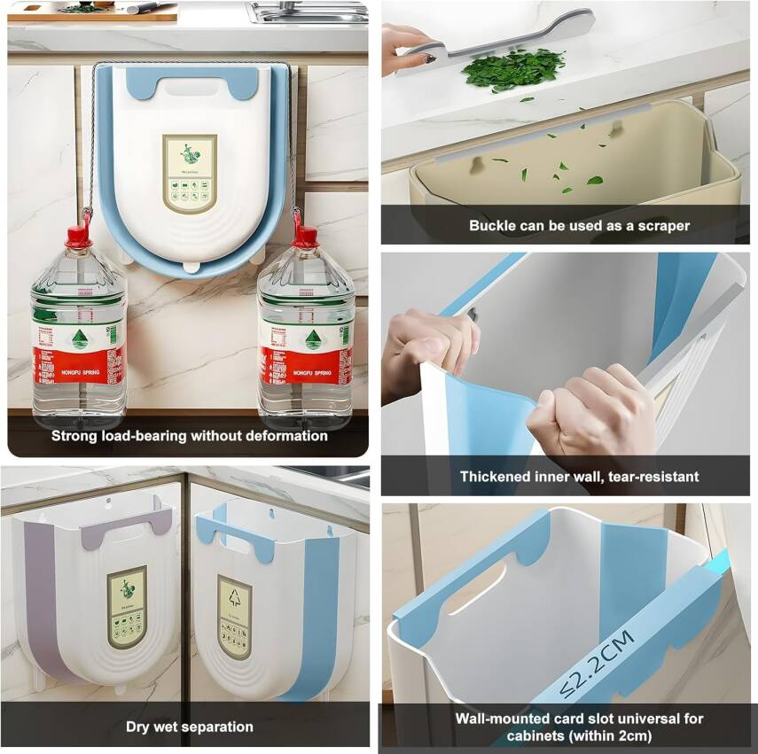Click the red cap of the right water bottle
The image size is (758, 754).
pos(306,237)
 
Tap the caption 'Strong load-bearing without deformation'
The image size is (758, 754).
pos(189,436)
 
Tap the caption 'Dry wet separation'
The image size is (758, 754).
pos(189,727)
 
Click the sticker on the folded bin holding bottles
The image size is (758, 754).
pos(189,173)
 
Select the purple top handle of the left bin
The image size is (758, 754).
pos(124,532)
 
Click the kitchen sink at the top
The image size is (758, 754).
pos(306,12)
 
